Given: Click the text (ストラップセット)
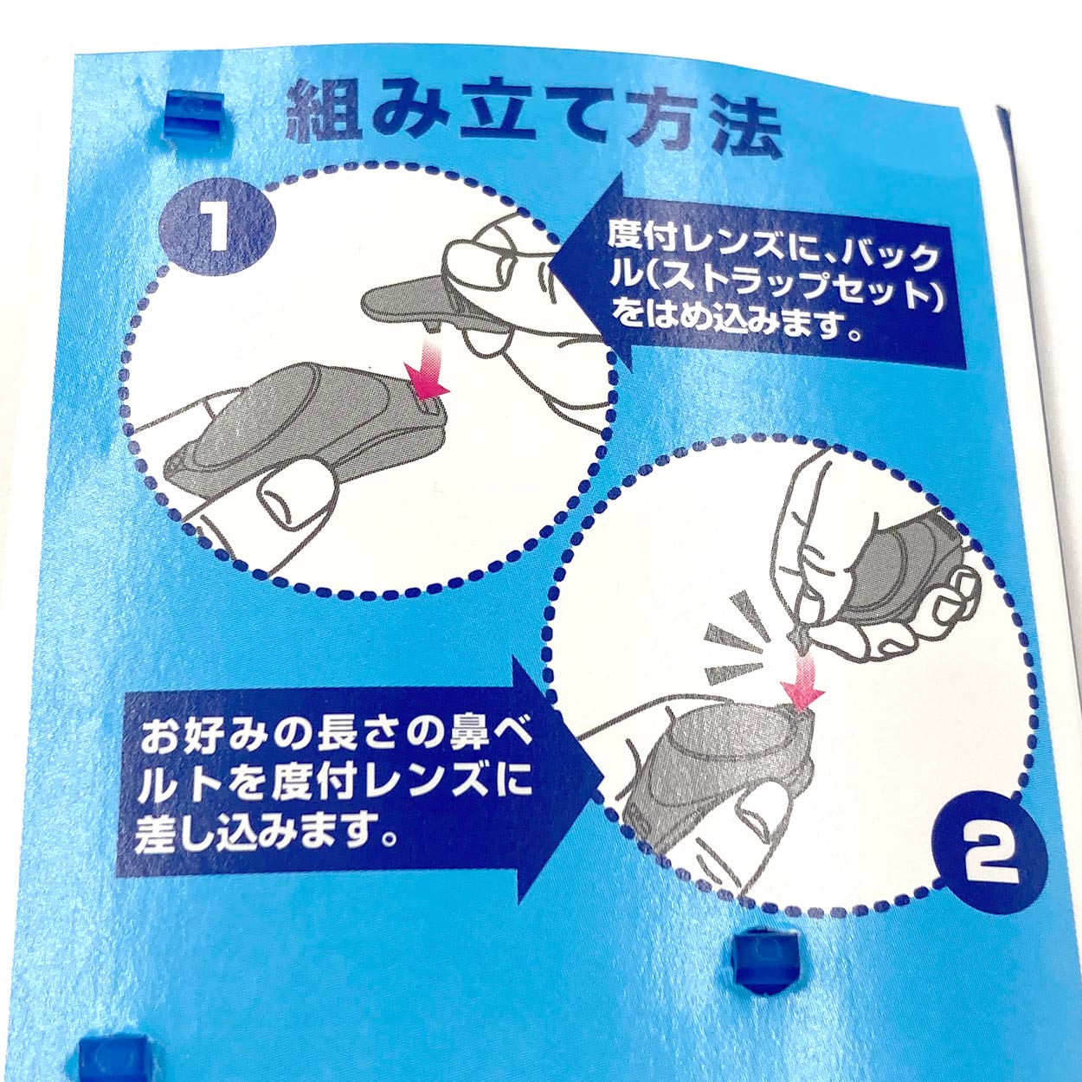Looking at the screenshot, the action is [x=776, y=292].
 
